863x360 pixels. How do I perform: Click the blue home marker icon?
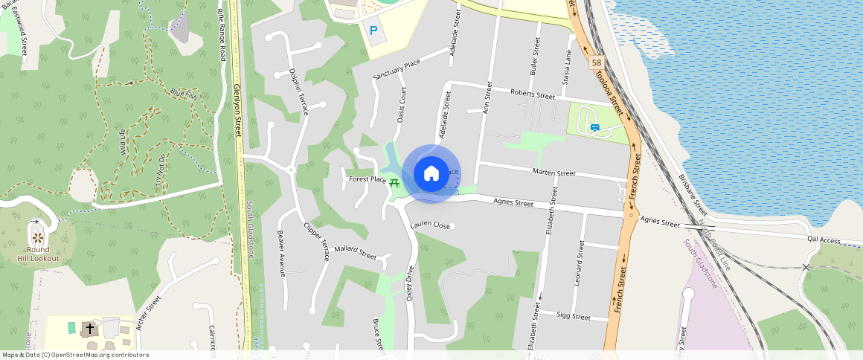[431, 173]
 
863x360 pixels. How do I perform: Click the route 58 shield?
[597, 63]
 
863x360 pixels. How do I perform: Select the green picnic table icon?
[394, 182]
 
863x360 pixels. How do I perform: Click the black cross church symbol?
[90, 327]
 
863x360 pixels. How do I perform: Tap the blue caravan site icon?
[594, 127]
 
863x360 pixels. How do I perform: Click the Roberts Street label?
[533, 94]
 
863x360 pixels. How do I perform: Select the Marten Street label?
[554, 173]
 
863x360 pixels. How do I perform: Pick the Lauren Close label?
[430, 225]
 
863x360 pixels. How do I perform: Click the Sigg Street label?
[573, 316]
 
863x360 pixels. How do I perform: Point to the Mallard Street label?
[355, 252]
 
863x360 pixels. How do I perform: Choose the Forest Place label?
[367, 179]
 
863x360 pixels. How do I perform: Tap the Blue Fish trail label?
[183, 94]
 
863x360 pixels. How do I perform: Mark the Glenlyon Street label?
[238, 110]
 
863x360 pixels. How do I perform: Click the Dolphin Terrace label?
[298, 93]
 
